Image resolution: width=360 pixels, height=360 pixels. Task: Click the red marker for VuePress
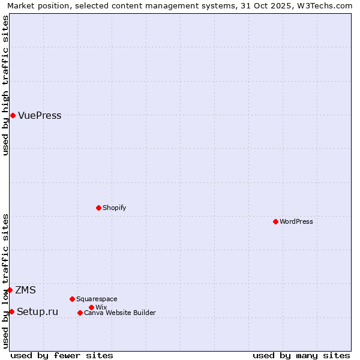tap(13, 115)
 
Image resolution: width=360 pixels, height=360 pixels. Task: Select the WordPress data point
tap(275, 221)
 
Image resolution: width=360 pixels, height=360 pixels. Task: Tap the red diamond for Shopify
tap(98, 208)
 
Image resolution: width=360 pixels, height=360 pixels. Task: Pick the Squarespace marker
tap(72, 299)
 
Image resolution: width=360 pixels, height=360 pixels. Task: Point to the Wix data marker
tap(91, 307)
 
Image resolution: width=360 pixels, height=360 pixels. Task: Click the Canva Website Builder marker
tap(80, 313)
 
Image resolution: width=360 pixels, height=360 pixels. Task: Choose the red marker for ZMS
tap(10, 290)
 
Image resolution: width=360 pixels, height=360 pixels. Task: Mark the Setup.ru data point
tap(11, 311)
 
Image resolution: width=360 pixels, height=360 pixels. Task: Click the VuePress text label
tap(40, 116)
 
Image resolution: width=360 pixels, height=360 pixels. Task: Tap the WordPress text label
tap(296, 221)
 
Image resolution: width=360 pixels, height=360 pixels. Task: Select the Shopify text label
tap(114, 208)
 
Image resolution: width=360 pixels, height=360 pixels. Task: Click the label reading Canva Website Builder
tap(120, 313)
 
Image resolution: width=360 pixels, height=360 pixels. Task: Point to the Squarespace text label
tap(97, 299)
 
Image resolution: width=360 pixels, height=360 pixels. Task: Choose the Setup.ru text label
tap(37, 311)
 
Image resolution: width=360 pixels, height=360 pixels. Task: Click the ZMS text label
tap(25, 290)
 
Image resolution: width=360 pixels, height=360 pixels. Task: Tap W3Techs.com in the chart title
tap(325, 6)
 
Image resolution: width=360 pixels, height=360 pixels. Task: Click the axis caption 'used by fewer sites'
tap(62, 355)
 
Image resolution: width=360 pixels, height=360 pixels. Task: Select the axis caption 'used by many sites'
tap(301, 355)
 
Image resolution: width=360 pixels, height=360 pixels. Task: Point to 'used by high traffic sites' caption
tap(6, 85)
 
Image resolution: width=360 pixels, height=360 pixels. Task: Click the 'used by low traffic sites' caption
tap(6, 281)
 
